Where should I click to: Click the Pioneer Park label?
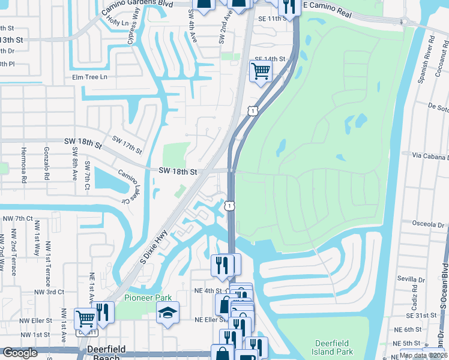pos(148,298)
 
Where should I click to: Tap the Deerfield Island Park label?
pos(334,347)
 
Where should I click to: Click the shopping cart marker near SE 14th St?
pos(261,71)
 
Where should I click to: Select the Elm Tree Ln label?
pos(89,77)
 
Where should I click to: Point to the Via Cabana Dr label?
pos(430,155)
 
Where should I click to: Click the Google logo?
pos(19,353)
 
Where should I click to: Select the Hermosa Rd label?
pos(24,164)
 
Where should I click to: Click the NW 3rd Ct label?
pos(49,292)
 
